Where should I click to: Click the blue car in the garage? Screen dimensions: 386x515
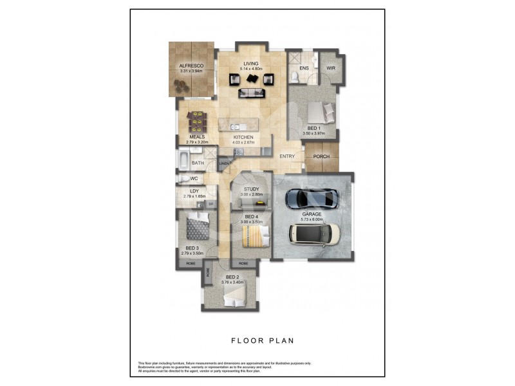click(x=310, y=197)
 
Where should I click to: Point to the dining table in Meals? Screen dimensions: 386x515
click(x=196, y=120)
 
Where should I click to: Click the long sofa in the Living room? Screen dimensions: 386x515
click(x=251, y=93)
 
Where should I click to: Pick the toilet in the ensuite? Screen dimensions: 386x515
click(x=294, y=77)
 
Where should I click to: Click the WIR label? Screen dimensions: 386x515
click(x=331, y=68)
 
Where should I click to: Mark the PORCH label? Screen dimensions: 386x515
click(x=321, y=157)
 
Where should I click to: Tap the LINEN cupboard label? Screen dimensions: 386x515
click(x=224, y=164)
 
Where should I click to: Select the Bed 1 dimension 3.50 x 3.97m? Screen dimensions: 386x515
click(x=314, y=134)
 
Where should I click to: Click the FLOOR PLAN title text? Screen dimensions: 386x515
click(x=257, y=341)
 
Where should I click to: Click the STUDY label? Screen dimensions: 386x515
click(x=251, y=189)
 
